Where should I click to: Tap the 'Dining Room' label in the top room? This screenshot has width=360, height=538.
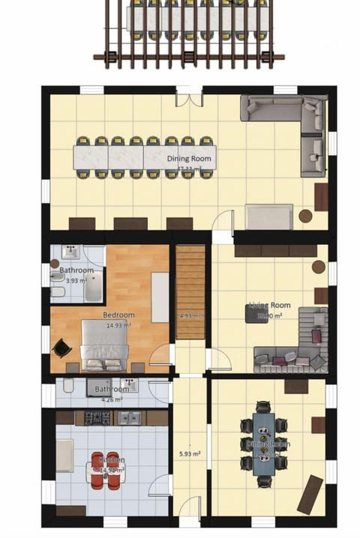click(189, 159)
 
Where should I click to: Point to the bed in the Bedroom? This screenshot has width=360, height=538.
click(103, 345)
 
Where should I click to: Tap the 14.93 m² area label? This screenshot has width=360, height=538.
click(118, 325)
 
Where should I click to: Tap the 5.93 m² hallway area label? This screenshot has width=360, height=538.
click(189, 453)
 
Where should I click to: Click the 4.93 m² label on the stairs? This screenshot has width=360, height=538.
click(190, 315)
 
